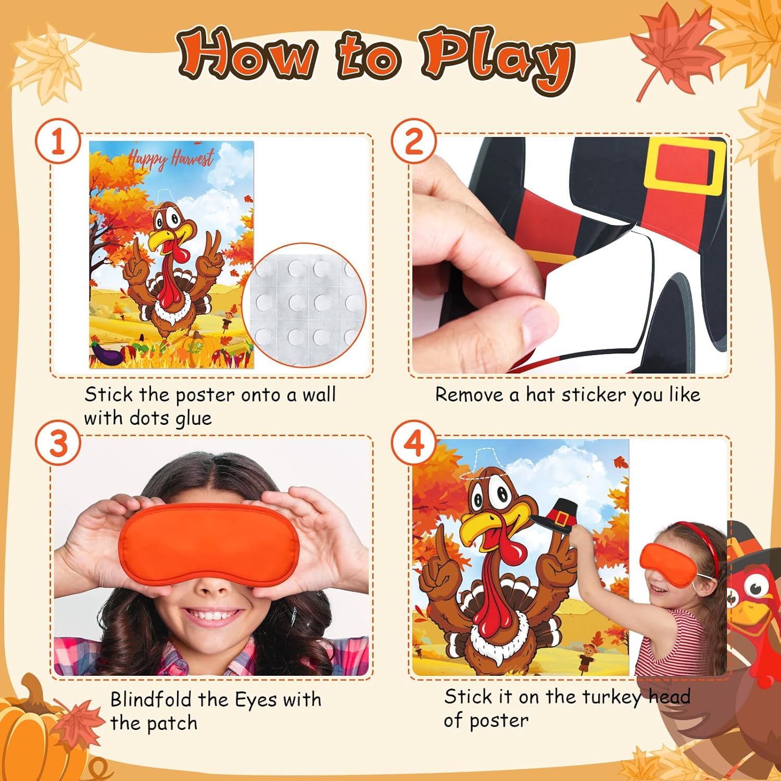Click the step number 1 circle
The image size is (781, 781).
click(x=58, y=142)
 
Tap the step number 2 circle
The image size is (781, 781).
click(x=414, y=142)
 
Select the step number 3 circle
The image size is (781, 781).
click(x=58, y=444)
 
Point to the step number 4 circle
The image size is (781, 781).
click(x=414, y=444)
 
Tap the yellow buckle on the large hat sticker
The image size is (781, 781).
click(x=685, y=166)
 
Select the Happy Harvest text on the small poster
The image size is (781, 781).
click(x=171, y=158)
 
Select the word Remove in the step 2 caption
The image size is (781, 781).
click(x=471, y=395)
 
